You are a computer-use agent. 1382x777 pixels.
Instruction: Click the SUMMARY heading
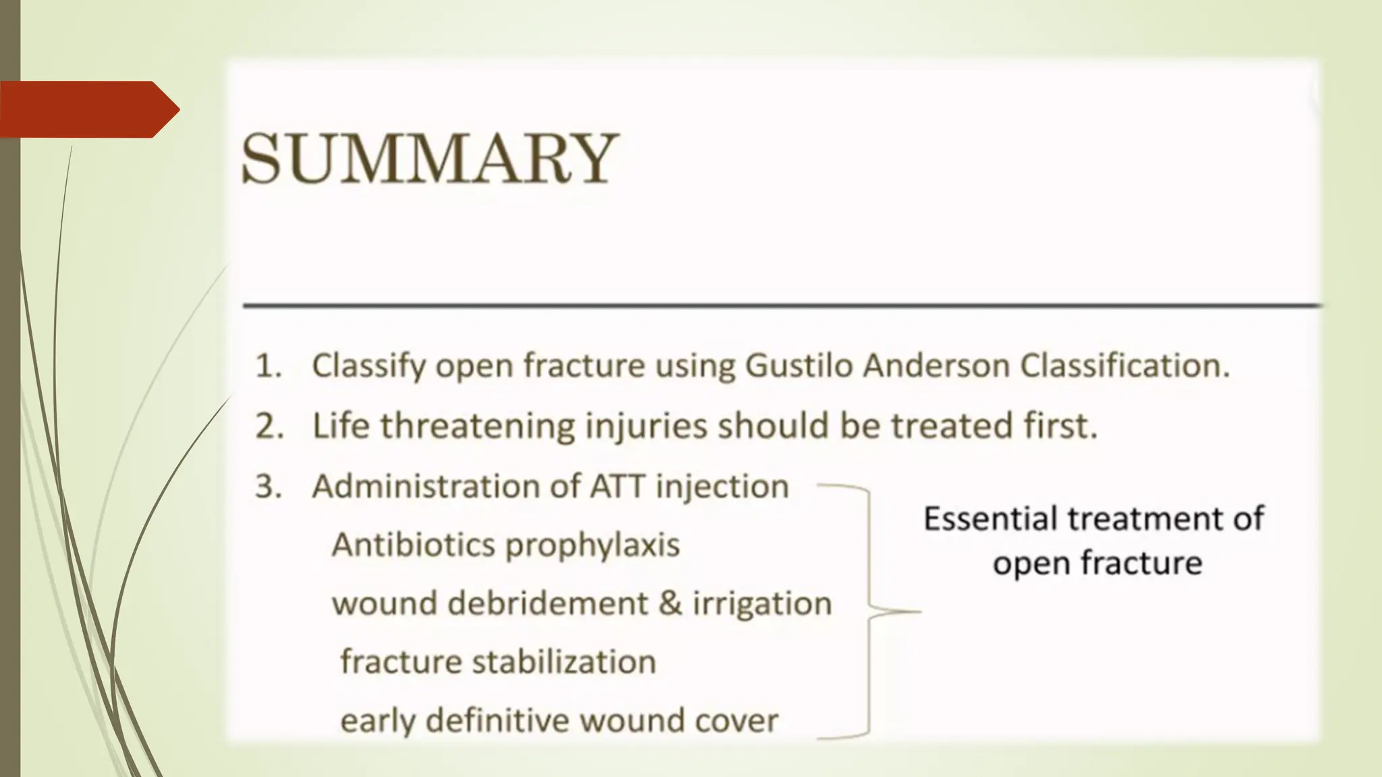click(x=429, y=159)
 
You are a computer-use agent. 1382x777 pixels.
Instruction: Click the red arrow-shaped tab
click(x=88, y=109)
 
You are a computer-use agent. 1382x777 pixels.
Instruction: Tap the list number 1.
click(x=267, y=366)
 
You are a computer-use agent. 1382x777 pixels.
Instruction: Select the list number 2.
click(x=268, y=426)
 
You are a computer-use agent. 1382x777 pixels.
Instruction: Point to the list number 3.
click(x=267, y=486)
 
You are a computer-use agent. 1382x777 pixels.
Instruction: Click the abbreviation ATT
click(x=617, y=486)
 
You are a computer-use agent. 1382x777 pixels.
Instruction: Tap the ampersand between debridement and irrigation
click(x=670, y=603)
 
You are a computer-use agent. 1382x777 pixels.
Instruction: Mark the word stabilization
click(x=563, y=662)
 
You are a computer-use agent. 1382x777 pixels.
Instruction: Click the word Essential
click(x=990, y=519)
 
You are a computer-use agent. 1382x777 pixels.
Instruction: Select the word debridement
click(x=547, y=603)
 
